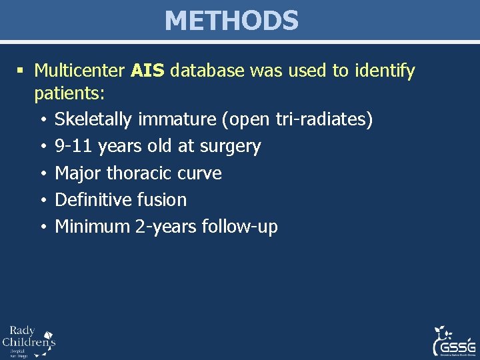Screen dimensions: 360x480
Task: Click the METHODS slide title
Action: [x=231, y=21]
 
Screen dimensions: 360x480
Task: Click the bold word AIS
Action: [x=147, y=71]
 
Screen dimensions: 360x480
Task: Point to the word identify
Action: [x=384, y=71]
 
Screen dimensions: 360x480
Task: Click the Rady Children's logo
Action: [x=29, y=341]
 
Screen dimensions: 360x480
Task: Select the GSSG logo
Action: [x=453, y=341]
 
